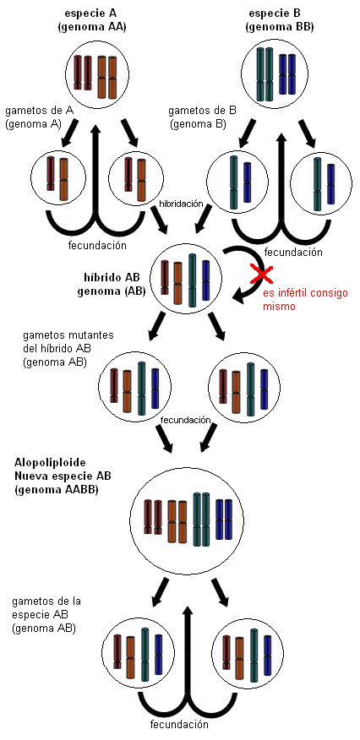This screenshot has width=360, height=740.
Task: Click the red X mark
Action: click(261, 275)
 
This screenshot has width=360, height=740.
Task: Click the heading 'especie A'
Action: click(91, 13)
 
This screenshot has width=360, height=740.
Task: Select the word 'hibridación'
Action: click(181, 204)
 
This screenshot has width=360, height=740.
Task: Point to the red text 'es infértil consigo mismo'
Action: click(305, 299)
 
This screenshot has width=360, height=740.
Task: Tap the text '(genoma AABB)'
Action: click(56, 490)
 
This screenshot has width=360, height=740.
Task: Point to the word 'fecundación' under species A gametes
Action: click(97, 245)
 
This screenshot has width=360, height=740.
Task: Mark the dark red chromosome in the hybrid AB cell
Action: click(165, 277)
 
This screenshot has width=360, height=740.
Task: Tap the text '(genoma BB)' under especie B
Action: click(280, 27)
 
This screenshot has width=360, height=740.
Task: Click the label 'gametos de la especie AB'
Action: click(46, 614)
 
